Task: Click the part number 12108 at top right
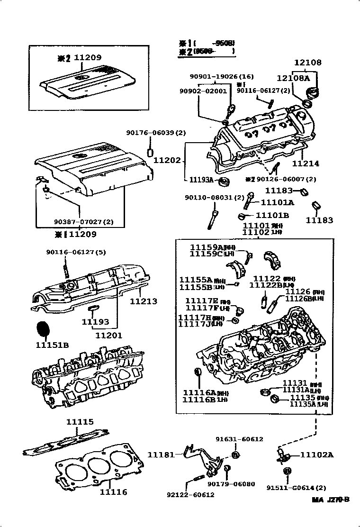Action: coord(307,63)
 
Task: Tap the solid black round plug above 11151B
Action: coord(43,328)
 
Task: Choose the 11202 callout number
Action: coord(167,161)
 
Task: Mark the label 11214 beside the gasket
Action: coord(306,164)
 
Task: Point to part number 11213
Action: coord(144,301)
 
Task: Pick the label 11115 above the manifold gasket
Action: coord(80,422)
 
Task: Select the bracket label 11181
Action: coord(161,455)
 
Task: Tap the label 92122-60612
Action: coord(190,495)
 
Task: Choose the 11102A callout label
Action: coord(317,455)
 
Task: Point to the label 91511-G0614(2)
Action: coord(296,488)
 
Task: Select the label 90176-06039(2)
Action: coord(156,133)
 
